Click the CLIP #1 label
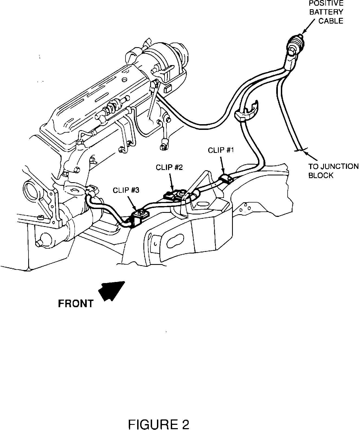point(221,150)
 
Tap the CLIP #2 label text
point(169,167)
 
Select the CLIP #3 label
point(126,190)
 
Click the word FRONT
point(76,304)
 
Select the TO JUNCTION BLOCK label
point(333,171)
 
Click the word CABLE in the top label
point(331,21)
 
